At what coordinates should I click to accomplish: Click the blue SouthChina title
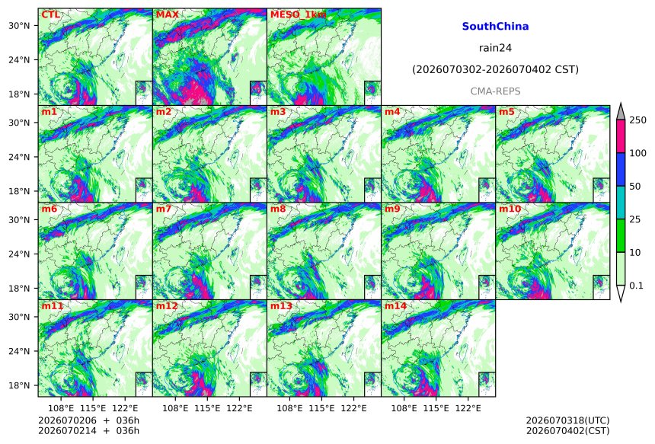click(495, 27)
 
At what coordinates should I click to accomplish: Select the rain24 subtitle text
click(495, 48)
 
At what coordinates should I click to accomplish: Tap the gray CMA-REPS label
click(495, 91)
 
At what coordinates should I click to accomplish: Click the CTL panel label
click(50, 15)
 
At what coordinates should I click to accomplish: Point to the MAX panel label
click(167, 15)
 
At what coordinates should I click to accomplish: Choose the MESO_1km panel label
click(299, 15)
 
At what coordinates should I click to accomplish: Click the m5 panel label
click(506, 112)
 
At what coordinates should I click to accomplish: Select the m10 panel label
click(510, 209)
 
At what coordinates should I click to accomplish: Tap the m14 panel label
click(395, 306)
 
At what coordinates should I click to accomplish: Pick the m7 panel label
click(163, 209)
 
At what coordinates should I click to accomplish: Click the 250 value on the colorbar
click(638, 120)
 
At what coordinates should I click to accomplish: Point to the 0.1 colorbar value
click(636, 286)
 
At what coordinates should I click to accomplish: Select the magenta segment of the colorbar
click(621, 136)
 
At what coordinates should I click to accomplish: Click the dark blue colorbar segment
click(621, 169)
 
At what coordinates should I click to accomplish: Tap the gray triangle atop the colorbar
click(621, 113)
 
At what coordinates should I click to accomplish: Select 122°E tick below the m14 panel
click(468, 407)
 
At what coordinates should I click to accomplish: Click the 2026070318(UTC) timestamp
click(567, 420)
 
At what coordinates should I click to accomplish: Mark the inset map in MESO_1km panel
click(372, 93)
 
